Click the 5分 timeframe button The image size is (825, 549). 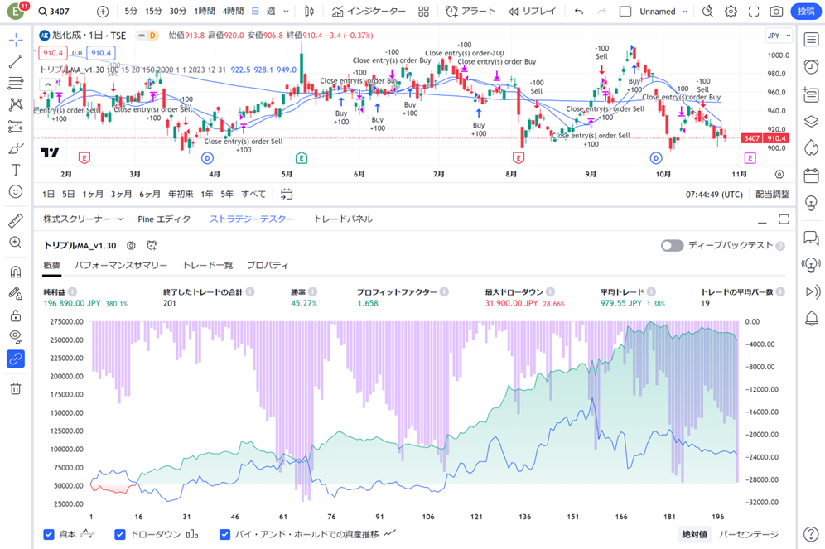click(x=131, y=12)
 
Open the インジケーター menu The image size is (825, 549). click(x=369, y=12)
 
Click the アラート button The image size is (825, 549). click(x=470, y=12)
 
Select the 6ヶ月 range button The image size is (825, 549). click(x=150, y=195)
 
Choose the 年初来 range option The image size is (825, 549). click(x=181, y=195)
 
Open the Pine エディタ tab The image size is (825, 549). click(x=164, y=219)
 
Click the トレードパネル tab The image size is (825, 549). click(x=343, y=219)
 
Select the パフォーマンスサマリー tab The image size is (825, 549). click(x=121, y=266)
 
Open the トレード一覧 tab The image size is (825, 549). click(x=207, y=266)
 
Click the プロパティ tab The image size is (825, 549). click(x=268, y=266)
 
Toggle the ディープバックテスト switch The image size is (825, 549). click(x=672, y=246)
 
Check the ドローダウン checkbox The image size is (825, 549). click(x=120, y=535)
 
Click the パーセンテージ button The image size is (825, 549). click(x=749, y=535)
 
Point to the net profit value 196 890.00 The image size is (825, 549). click(x=72, y=304)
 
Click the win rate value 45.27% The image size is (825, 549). click(x=304, y=304)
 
